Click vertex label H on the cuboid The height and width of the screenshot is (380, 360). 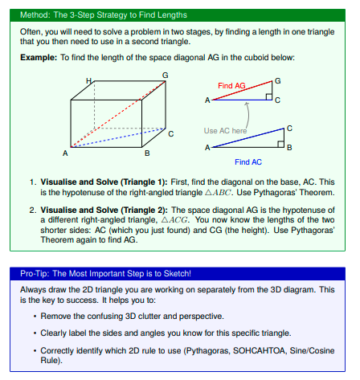88,80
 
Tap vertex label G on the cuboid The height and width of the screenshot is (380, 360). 166,76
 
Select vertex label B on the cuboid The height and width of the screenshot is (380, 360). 147,153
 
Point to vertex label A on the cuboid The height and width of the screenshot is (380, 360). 65,153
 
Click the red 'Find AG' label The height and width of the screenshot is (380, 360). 231,86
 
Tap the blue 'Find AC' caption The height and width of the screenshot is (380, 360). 248,162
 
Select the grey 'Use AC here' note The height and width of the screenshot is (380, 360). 225,131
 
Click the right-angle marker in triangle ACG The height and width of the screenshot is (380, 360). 269,97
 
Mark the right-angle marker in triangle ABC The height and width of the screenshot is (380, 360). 281,145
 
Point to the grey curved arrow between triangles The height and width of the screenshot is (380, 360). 248,115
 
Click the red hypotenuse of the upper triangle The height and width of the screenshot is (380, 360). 243,91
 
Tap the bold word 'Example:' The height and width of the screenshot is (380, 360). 39,58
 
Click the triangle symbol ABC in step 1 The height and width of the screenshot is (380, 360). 219,193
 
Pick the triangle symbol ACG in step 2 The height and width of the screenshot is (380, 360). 175,220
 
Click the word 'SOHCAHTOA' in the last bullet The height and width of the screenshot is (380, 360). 259,350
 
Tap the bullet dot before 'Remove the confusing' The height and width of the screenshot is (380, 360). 35,317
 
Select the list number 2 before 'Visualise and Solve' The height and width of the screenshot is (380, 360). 32,210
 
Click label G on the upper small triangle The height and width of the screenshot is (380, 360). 278,81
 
